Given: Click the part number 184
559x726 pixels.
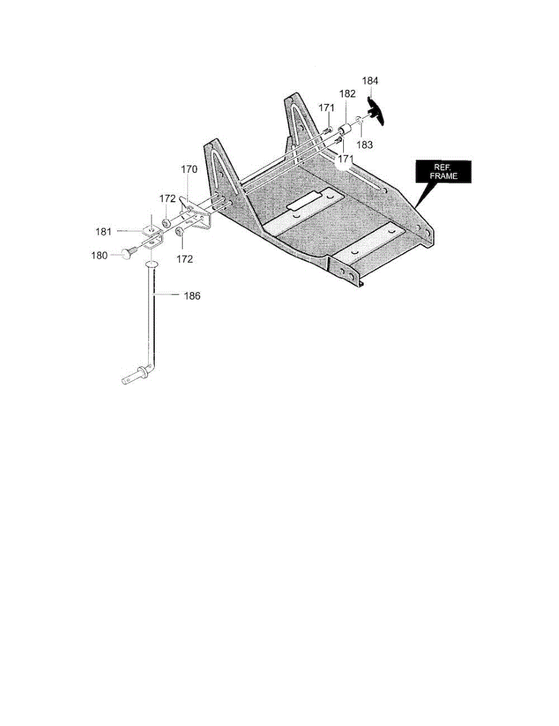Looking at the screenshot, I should [370, 80].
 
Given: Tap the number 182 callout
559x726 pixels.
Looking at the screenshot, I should [347, 94].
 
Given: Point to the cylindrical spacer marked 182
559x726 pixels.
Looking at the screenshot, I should [344, 129].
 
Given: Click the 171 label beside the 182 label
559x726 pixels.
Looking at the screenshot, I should [327, 107].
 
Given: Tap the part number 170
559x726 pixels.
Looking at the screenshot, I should [189, 171].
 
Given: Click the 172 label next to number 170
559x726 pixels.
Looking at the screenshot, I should [167, 198].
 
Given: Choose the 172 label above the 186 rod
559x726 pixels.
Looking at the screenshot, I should [184, 259].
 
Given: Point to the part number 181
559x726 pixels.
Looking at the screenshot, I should [103, 231].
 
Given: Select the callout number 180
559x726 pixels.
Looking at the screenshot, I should [99, 255].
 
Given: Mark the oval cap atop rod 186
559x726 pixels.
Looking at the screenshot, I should [152, 265].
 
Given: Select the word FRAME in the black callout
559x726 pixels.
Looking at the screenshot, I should [445, 176].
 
